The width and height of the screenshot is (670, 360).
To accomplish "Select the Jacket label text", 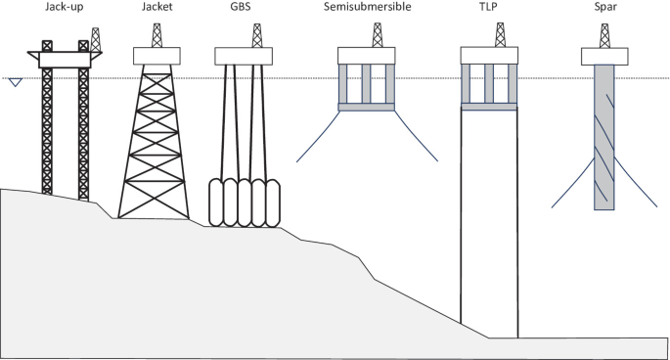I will click(x=157, y=9).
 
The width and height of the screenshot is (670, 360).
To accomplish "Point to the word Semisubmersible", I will click(x=366, y=9).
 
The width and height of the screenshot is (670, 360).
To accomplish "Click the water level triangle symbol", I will click(x=14, y=82).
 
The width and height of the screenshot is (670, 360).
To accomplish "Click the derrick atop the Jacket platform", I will click(x=156, y=34).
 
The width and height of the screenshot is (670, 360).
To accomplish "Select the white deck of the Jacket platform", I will click(x=157, y=56).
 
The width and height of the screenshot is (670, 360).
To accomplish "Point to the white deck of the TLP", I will click(x=489, y=56).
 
